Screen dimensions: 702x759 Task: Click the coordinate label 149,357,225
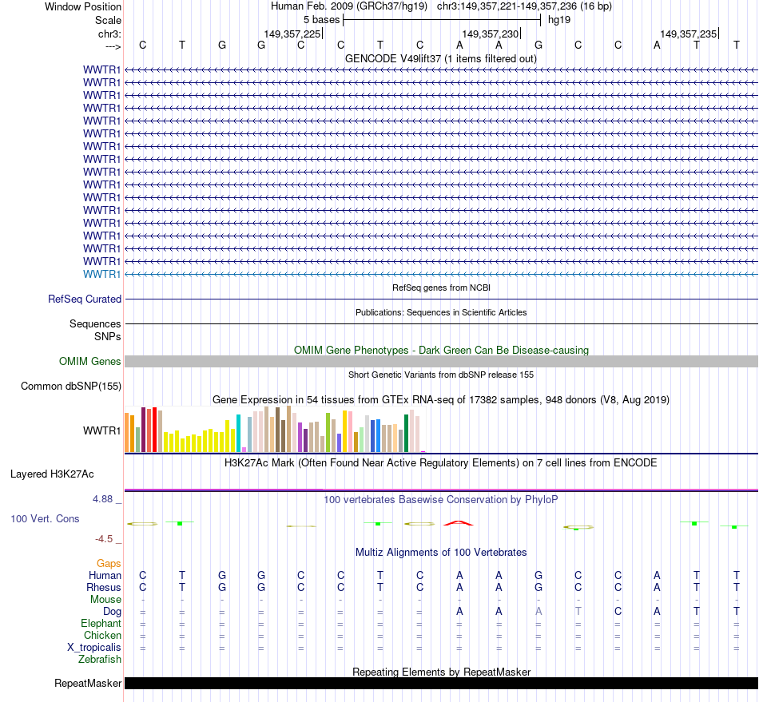(x=292, y=34)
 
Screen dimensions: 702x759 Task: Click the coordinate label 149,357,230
(x=491, y=34)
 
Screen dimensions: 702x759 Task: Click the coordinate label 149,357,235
(x=689, y=34)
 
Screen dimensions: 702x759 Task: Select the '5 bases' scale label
(x=321, y=20)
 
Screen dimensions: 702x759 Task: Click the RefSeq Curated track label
(x=85, y=299)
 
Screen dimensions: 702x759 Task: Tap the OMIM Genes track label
(x=90, y=362)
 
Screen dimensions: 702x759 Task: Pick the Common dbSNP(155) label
(x=71, y=387)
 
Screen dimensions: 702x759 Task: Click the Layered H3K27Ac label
(x=52, y=474)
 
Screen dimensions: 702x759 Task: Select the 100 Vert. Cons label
(x=45, y=519)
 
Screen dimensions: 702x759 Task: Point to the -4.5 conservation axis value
(x=105, y=539)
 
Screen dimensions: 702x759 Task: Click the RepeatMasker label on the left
(x=88, y=684)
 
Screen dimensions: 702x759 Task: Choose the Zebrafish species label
(x=100, y=660)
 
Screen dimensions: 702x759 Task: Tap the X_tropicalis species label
(x=94, y=648)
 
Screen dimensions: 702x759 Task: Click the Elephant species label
(x=101, y=624)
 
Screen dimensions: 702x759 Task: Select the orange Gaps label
(x=109, y=564)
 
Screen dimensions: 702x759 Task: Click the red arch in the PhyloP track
(x=459, y=522)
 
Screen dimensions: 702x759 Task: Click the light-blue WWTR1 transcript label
(x=102, y=275)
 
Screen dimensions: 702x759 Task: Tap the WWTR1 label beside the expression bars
(x=102, y=431)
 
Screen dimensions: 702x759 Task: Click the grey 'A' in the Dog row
(x=538, y=612)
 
